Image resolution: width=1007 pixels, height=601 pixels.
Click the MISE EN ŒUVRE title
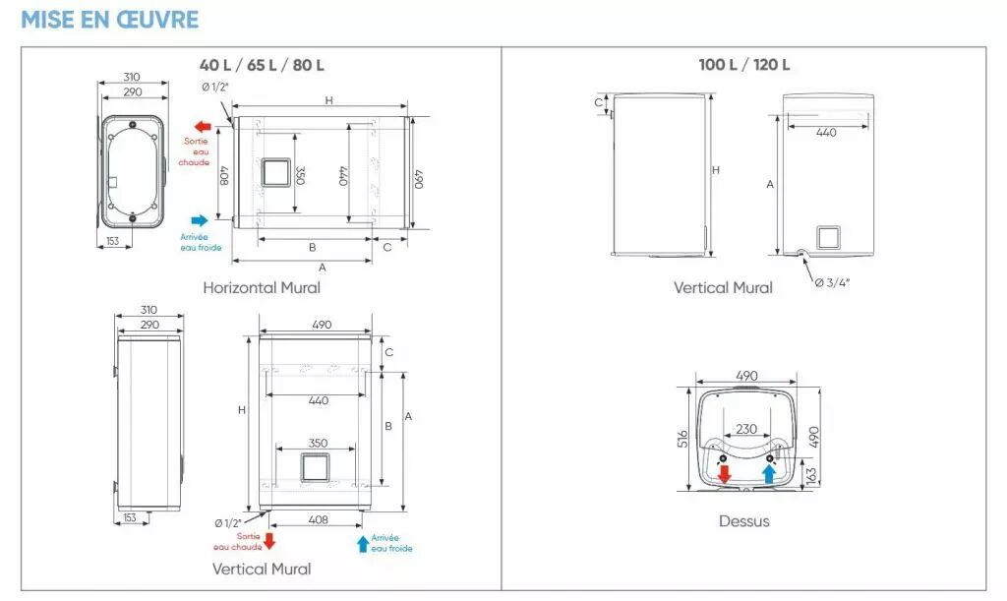tap(109, 20)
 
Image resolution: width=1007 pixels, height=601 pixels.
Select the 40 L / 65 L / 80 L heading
tap(262, 65)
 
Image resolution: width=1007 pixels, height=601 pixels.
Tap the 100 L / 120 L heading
tap(744, 65)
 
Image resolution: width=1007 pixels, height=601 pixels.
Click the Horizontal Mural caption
tap(262, 288)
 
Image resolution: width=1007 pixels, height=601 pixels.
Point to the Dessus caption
tap(744, 521)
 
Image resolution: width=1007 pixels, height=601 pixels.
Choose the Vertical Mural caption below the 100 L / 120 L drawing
tap(723, 288)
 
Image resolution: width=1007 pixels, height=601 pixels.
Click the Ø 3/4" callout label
tap(832, 284)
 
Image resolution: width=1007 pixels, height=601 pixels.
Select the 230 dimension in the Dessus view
tap(746, 429)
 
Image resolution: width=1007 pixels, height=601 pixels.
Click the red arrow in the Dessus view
tap(725, 473)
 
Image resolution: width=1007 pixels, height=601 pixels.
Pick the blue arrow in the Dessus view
tap(769, 473)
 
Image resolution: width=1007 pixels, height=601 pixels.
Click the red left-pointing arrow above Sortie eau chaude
tap(204, 127)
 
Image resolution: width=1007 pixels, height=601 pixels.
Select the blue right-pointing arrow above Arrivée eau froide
tap(201, 220)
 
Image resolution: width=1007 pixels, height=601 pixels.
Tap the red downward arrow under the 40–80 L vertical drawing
tap(269, 540)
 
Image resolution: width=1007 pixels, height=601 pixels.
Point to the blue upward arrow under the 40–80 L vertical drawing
tap(363, 541)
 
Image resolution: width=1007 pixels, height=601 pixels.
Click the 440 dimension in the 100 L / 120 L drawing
tap(826, 133)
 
